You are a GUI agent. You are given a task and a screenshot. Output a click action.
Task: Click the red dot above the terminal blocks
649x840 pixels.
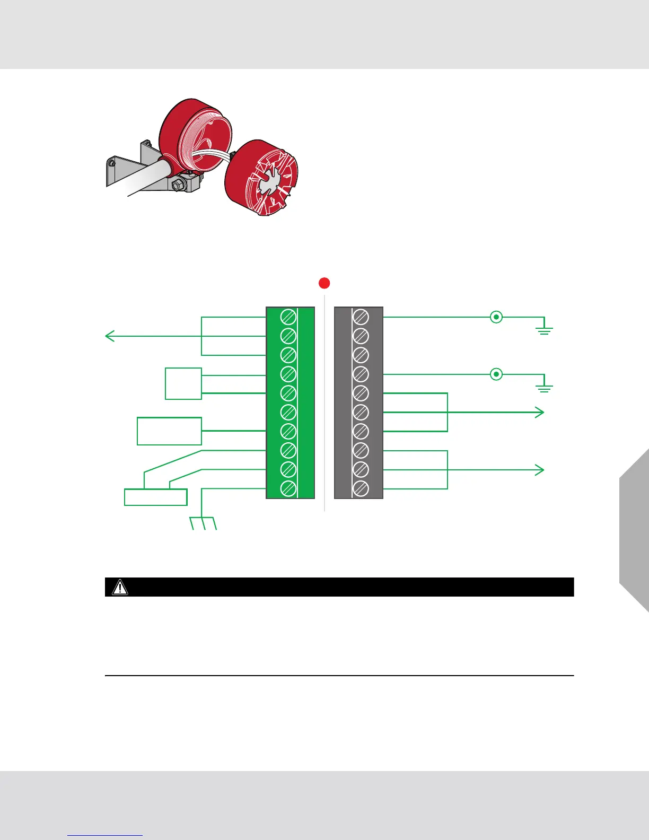(324, 283)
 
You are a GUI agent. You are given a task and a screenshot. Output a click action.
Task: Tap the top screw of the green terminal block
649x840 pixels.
(288, 317)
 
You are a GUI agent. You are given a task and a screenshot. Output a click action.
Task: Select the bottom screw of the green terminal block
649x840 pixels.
(288, 488)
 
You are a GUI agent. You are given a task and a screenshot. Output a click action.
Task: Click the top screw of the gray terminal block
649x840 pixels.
(361, 317)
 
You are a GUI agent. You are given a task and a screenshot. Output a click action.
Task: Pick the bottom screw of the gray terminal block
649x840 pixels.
(361, 488)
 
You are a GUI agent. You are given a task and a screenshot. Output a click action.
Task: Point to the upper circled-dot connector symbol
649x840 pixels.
(496, 317)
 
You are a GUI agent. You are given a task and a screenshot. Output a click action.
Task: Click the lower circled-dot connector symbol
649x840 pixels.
(496, 374)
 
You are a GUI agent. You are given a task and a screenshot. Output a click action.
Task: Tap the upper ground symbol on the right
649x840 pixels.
(545, 330)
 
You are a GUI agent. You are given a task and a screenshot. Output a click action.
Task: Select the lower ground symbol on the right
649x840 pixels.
(545, 388)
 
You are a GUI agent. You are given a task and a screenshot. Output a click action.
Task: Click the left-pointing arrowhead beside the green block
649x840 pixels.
(109, 336)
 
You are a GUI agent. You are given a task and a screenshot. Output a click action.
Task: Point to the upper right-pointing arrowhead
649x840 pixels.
(540, 412)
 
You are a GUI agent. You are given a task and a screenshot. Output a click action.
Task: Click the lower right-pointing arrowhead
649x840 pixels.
(540, 470)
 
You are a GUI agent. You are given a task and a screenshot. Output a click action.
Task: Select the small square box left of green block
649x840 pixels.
(183, 383)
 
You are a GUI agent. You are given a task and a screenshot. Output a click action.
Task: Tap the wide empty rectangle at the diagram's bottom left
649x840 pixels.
(156, 497)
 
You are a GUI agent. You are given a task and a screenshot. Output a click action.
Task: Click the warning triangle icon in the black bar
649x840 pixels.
(120, 587)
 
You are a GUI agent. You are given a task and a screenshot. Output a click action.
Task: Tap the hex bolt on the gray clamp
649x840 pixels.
(178, 185)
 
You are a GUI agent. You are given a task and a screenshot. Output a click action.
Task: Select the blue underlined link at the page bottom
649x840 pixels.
(105, 835)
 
